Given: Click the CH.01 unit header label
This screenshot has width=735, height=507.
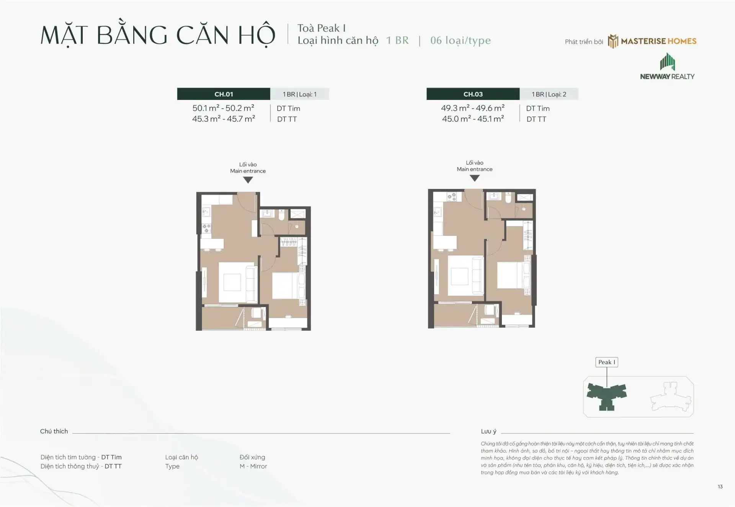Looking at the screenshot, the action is (224, 94).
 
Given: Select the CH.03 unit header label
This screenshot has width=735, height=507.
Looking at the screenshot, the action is (473, 94).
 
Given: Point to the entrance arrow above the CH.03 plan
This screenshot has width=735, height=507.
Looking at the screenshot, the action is (475, 178).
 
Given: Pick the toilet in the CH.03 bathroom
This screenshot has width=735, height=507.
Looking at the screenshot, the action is (508, 197).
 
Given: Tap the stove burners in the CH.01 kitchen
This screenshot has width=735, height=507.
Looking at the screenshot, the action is (206, 229).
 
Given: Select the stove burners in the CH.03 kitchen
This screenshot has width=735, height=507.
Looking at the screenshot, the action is (452, 196).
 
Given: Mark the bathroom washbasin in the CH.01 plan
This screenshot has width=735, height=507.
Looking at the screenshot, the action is (266, 214).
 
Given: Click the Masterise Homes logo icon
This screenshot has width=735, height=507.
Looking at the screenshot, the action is (613, 41).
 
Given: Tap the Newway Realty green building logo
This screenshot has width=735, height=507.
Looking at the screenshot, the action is (667, 62).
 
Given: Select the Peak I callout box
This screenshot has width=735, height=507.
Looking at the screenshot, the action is (607, 362).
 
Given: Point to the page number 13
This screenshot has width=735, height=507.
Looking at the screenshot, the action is (720, 487).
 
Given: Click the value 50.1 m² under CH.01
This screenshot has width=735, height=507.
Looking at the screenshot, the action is (206, 108).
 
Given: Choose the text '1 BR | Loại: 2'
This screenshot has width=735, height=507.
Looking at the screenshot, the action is (549, 94).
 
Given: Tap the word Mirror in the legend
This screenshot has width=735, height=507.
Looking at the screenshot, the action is (258, 466).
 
